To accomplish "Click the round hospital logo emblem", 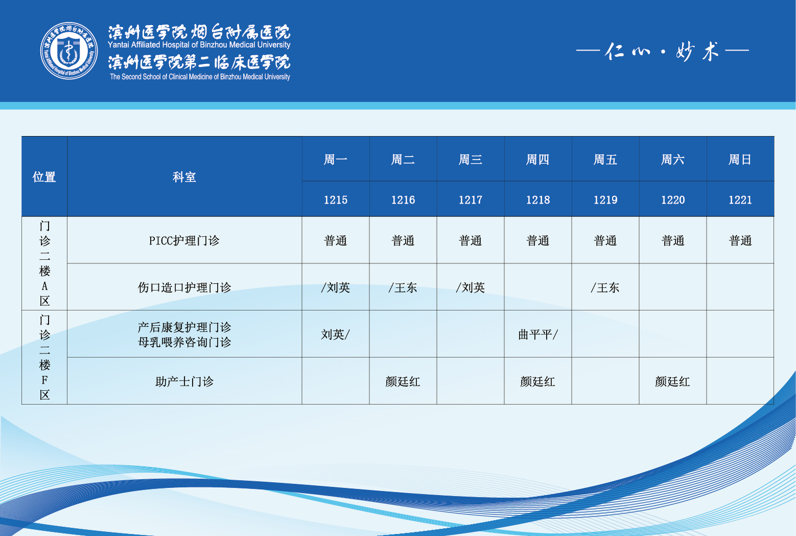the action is (69, 51).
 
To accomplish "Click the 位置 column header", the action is (44, 177).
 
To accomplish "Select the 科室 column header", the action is (184, 177).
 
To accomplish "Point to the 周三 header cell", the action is (470, 160).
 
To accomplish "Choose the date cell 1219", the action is (605, 200).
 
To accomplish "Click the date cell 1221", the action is (740, 200).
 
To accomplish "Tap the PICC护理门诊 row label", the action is (184, 241).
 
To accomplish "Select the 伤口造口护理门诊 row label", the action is (184, 287).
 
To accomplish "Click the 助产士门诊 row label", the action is (184, 382).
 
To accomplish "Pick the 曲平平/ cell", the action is (537, 334).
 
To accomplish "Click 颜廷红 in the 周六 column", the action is (672, 382).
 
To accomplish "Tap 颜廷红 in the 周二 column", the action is (403, 382).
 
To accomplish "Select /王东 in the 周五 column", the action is (605, 287).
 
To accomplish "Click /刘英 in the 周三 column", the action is (470, 287).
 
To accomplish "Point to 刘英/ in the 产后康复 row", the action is (336, 334).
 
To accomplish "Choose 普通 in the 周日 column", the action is (740, 241).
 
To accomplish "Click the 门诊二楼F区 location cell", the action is (44, 357).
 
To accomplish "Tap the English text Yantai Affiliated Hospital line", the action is (199, 45).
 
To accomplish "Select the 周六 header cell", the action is (673, 160).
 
